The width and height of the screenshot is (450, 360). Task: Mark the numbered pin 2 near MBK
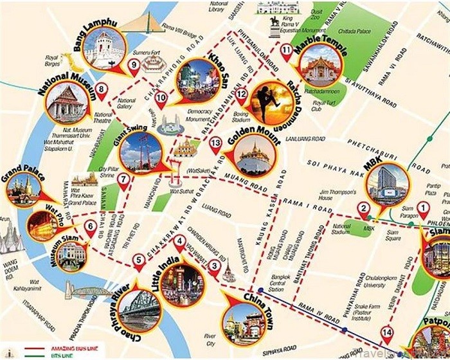(364, 209)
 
